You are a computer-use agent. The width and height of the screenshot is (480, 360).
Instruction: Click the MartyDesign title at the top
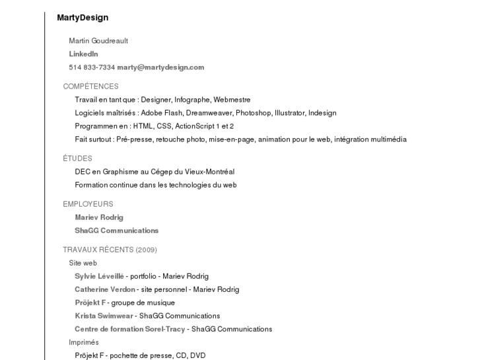click(x=83, y=18)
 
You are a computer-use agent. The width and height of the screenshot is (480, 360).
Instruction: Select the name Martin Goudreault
click(x=98, y=41)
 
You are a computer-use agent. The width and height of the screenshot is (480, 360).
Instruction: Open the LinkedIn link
click(x=83, y=54)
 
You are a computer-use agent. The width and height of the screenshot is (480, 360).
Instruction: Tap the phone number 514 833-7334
click(x=92, y=67)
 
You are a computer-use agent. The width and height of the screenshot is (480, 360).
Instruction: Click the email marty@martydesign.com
click(x=160, y=67)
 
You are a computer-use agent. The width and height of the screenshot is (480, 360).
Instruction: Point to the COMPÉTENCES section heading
click(x=90, y=87)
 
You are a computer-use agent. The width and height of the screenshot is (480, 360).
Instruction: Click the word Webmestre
click(x=232, y=100)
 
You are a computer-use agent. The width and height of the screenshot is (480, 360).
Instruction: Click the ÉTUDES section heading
click(x=77, y=159)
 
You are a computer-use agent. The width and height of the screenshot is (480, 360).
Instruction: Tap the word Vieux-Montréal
click(x=211, y=172)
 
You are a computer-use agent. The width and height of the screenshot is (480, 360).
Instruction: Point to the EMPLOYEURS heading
click(x=88, y=204)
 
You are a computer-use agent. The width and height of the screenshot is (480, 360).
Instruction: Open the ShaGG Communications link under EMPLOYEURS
click(x=116, y=231)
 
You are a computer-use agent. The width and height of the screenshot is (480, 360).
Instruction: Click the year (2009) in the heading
click(x=146, y=250)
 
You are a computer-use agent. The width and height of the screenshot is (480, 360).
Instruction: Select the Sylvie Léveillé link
click(x=99, y=276)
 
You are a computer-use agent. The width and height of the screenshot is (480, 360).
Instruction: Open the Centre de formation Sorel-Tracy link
click(x=129, y=329)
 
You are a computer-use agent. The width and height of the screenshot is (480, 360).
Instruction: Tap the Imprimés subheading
click(x=84, y=342)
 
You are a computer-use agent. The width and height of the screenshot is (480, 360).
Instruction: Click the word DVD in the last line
click(x=197, y=355)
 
